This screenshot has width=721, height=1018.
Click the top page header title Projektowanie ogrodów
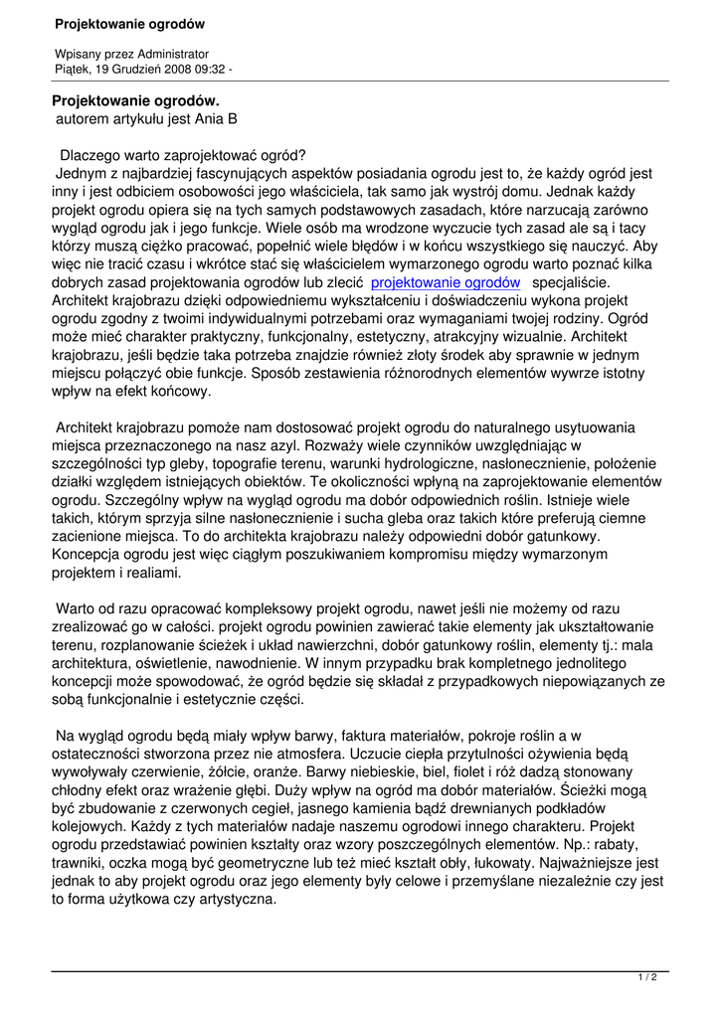click(x=129, y=23)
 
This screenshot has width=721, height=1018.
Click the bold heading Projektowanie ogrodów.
click(x=135, y=100)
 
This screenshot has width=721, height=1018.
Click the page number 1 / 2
click(x=646, y=977)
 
